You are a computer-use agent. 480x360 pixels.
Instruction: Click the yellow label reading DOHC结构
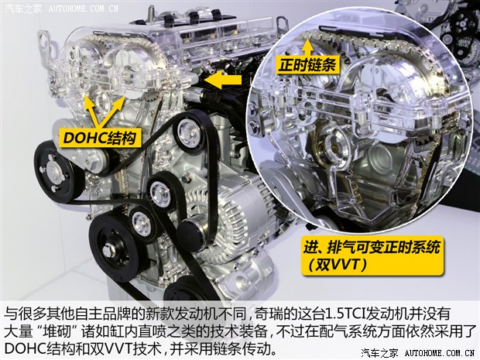[100, 138]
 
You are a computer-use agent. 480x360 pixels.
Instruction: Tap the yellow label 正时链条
[307, 65]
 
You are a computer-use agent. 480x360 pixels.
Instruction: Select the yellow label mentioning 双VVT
[372, 255]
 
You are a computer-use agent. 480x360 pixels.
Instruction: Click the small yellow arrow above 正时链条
[307, 47]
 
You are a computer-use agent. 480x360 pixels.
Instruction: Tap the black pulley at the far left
[56, 172]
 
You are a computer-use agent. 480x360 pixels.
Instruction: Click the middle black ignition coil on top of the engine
[194, 17]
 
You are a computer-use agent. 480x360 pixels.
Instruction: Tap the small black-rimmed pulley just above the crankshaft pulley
[142, 223]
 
